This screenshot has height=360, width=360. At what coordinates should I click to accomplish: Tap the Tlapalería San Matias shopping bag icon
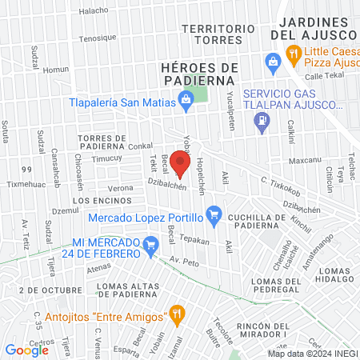186,101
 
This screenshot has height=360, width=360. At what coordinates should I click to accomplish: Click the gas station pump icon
260,121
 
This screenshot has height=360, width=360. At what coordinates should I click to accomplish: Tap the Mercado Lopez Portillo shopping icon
213,214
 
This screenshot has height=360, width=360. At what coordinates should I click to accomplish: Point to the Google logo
27,350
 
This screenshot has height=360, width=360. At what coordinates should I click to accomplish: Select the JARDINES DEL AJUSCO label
313,28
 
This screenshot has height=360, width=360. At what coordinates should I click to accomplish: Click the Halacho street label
94,11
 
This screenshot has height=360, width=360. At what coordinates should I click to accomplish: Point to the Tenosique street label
98,37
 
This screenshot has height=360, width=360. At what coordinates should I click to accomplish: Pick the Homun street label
57,69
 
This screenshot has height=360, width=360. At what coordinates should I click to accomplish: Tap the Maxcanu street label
304,158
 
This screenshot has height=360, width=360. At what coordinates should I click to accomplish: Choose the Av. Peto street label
184,261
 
